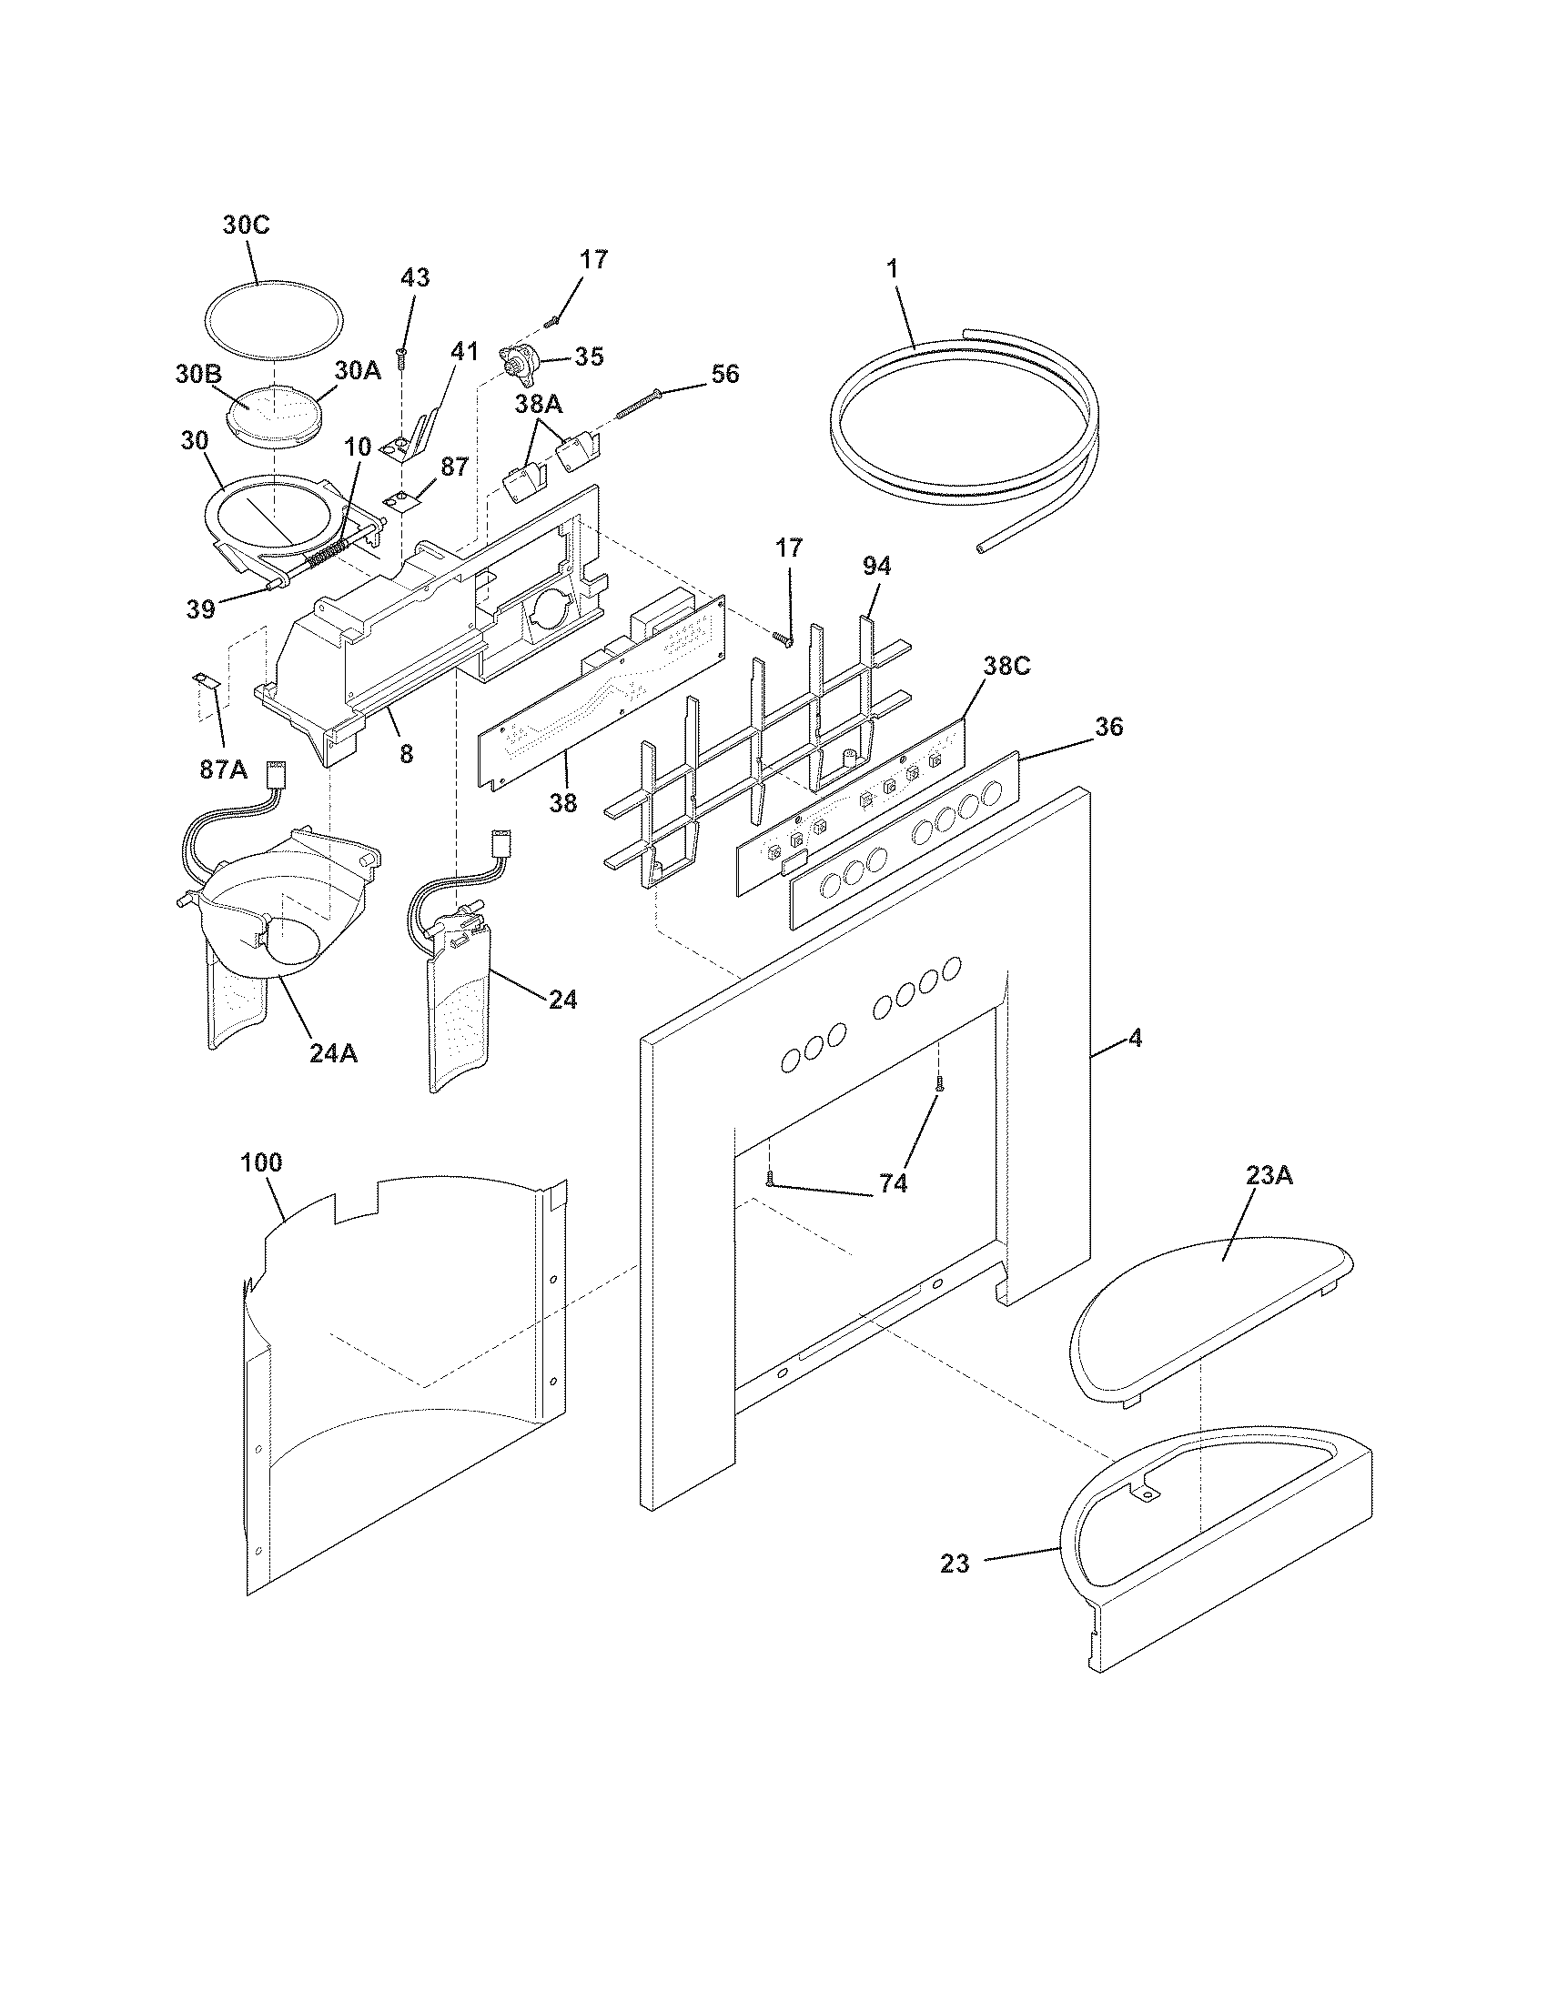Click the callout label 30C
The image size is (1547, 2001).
[246, 226]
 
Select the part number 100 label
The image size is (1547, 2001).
[261, 1162]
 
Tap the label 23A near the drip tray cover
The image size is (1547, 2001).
[1269, 1175]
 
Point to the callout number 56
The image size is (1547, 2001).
[725, 374]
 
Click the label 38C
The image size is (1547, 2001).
[1006, 666]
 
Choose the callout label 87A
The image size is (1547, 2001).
[223, 769]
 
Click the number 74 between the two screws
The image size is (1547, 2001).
[893, 1183]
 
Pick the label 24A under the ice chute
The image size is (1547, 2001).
[333, 1053]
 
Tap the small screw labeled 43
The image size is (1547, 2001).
[401, 357]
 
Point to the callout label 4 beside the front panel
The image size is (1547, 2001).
[1135, 1038]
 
